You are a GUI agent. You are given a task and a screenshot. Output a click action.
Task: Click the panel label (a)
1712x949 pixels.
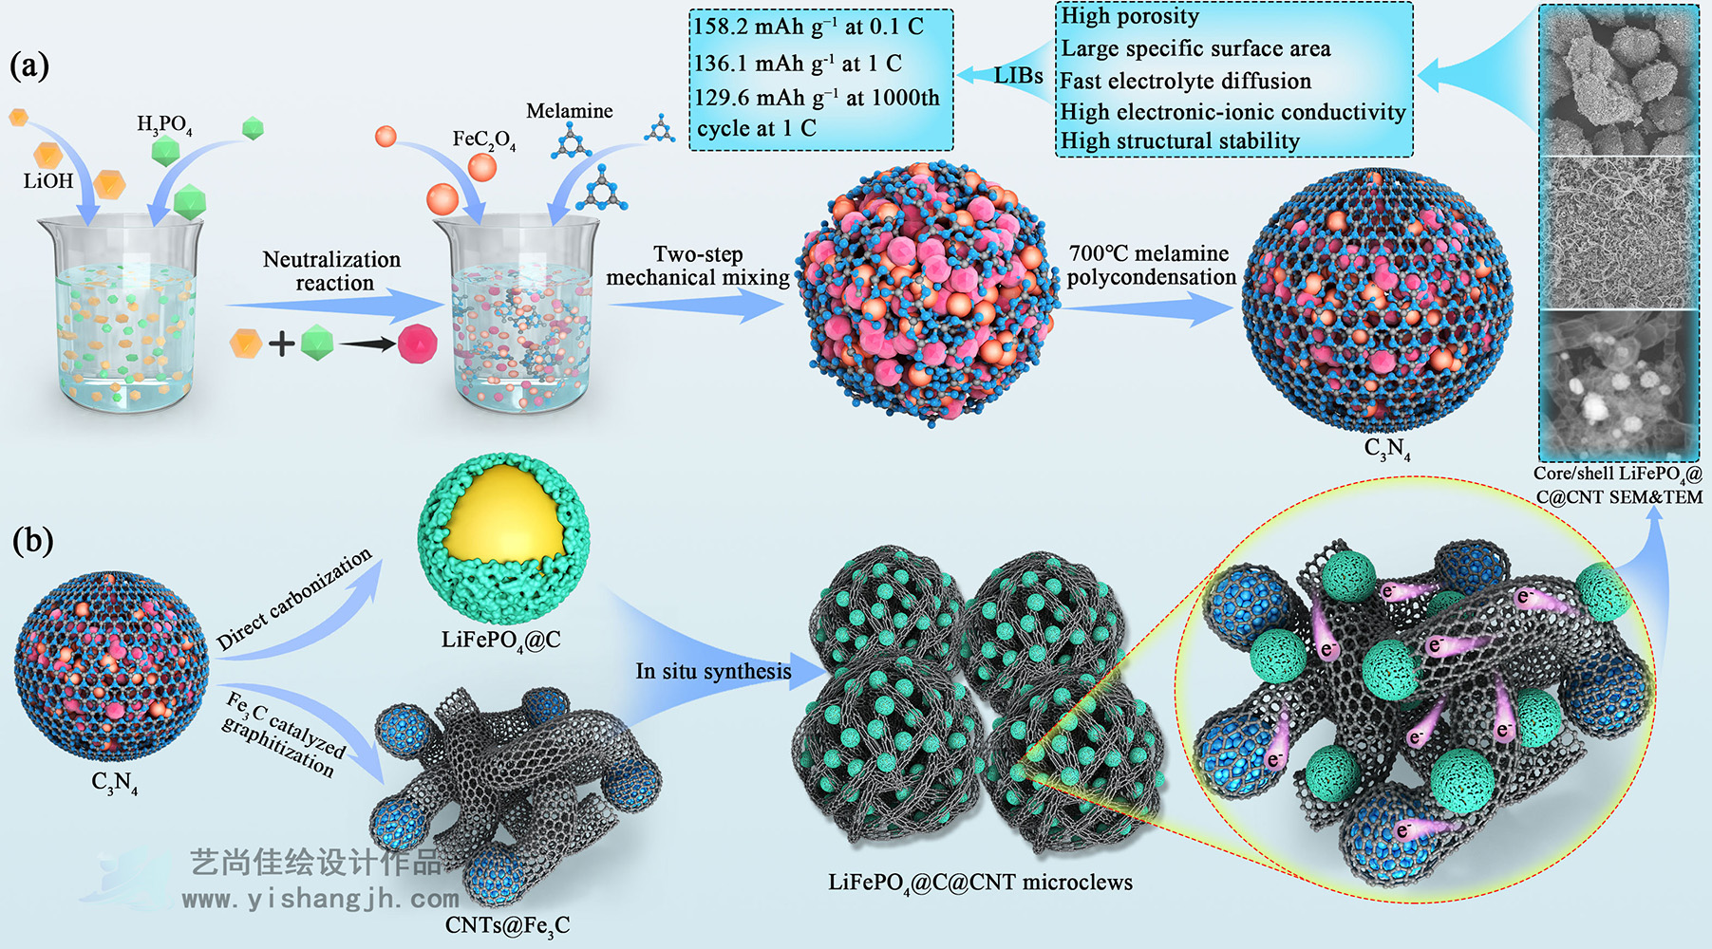(29, 65)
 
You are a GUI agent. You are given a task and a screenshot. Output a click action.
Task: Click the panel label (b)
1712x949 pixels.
(32, 540)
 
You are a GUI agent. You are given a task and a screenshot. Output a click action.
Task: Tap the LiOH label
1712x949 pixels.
(47, 181)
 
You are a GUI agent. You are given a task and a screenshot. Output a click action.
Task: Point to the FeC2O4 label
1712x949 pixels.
(483, 140)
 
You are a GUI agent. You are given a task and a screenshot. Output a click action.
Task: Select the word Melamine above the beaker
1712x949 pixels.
(569, 111)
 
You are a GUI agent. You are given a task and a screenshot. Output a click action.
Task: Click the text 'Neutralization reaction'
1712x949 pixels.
(332, 271)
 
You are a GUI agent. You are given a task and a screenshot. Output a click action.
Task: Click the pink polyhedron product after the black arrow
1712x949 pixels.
(417, 343)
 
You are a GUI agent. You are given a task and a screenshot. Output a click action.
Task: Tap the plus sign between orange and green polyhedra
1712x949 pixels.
(281, 343)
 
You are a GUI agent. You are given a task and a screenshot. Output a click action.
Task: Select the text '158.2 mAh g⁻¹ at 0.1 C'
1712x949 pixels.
(808, 27)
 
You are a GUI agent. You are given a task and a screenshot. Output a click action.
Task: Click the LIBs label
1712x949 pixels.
(1018, 75)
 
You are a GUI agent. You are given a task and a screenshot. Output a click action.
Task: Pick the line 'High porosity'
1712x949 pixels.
(1129, 16)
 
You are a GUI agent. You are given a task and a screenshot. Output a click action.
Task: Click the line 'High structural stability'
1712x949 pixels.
(1179, 141)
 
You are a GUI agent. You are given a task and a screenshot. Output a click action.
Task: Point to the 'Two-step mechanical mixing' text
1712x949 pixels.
(698, 266)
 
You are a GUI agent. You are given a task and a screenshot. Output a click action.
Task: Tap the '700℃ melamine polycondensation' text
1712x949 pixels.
(1150, 266)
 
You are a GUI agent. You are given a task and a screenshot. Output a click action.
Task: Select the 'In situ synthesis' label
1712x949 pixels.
(713, 671)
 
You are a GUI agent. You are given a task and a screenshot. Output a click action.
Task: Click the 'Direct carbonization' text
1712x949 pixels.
(293, 599)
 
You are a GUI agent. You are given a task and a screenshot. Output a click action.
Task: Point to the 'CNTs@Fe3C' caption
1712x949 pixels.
(507, 925)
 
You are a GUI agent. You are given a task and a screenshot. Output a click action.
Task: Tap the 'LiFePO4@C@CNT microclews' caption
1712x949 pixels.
(980, 883)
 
